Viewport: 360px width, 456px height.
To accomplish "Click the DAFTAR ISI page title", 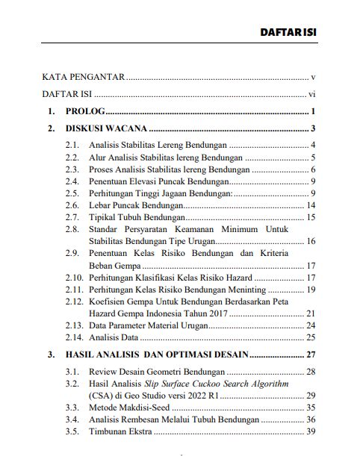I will coord(289,34).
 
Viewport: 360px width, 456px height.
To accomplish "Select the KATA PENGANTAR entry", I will coord(83,77).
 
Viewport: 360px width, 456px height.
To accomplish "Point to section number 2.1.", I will coord(72,145).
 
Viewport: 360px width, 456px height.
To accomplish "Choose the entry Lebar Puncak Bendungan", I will coord(135,205).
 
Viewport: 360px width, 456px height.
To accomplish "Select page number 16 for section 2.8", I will coord(313,242).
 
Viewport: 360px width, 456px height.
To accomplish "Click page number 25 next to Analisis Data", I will coord(313,338).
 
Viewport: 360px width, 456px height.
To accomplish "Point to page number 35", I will coord(313,407).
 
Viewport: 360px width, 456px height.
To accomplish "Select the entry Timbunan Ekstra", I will coord(120,432).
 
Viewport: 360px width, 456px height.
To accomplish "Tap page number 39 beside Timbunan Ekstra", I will coord(313,432).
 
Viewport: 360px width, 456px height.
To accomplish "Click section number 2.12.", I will coord(74,302).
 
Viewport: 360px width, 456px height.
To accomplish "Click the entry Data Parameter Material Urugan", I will coord(149,326).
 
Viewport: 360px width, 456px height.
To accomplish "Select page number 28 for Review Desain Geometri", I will coord(313,371).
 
